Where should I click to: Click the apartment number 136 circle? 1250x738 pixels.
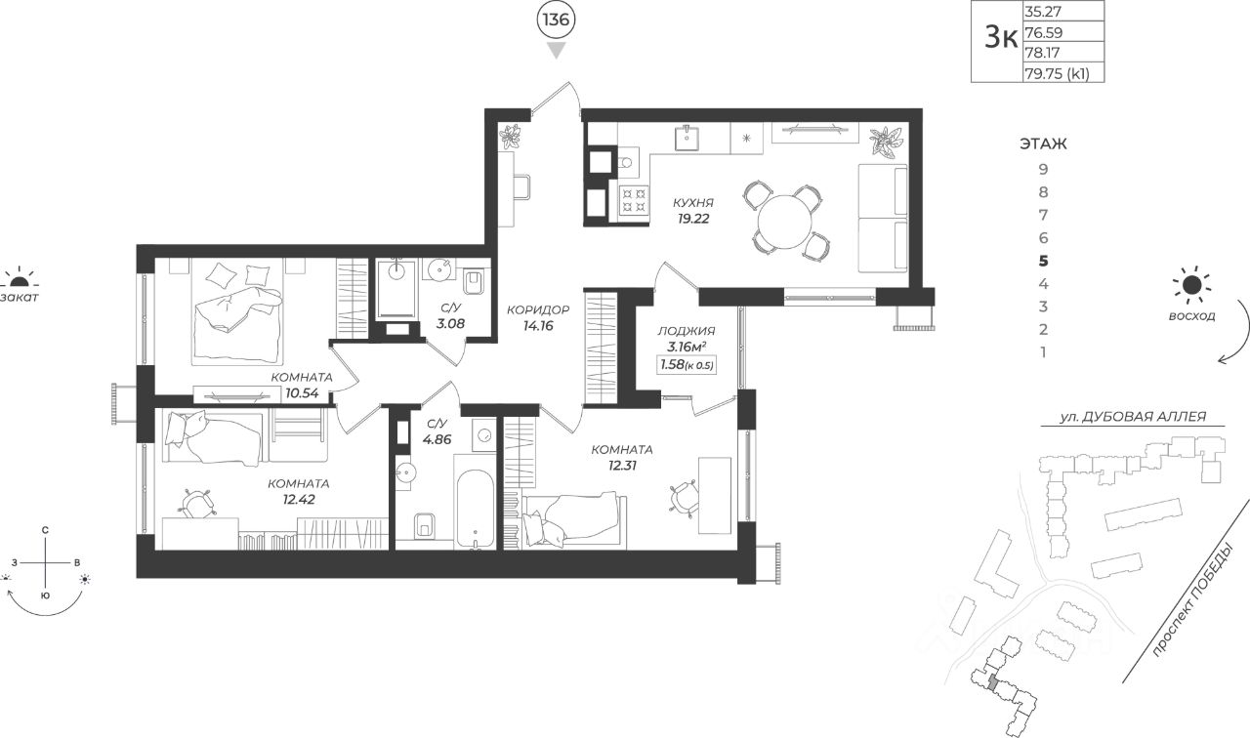pos(556,20)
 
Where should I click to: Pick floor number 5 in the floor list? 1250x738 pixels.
pos(1044,261)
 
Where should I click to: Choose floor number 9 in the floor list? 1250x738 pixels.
pos(1044,169)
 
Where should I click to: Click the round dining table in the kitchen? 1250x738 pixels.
pos(784,222)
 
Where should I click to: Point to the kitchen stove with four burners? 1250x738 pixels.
pos(635,201)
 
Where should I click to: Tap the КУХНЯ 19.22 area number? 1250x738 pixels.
pos(693,219)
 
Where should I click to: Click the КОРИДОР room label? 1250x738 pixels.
pos(538,309)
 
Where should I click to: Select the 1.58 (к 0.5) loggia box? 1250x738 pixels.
pos(687,365)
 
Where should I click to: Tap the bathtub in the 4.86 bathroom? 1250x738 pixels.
pos(475,509)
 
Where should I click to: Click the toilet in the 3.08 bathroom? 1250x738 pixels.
pos(475,282)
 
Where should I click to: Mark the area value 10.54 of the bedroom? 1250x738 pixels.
pos(302,393)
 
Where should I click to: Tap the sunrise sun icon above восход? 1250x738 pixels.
pos(1192,286)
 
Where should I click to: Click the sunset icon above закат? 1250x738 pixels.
pos(19,276)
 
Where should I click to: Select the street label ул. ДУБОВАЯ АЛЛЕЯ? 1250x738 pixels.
pos(1133,417)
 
